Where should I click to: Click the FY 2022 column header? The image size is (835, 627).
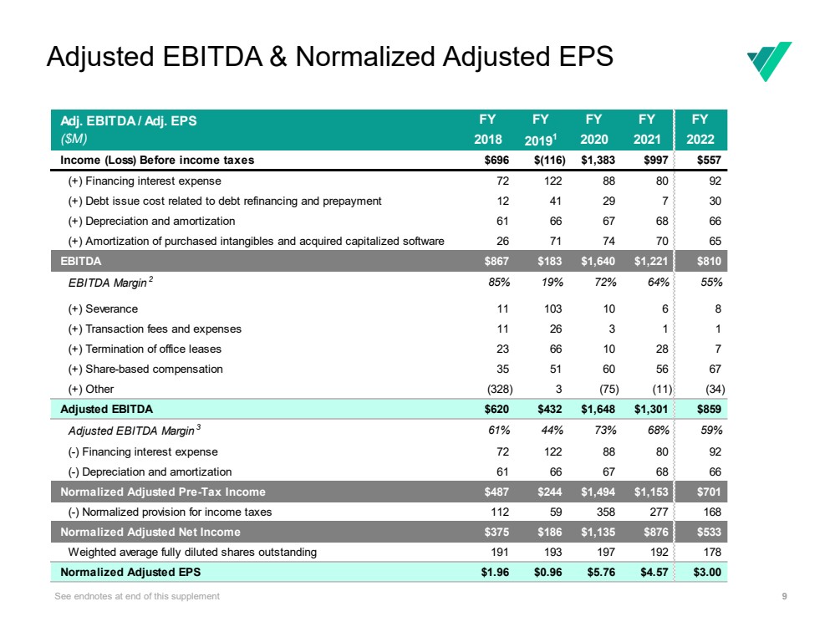pyautogui.click(x=700, y=130)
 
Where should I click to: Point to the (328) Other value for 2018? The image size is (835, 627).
pyautogui.click(x=500, y=389)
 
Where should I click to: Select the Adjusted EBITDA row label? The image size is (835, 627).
pyautogui.click(x=106, y=410)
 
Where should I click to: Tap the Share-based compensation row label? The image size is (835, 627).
pyautogui.click(x=145, y=369)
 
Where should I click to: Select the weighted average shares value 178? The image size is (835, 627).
pyautogui.click(x=713, y=552)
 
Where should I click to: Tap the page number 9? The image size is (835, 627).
pyautogui.click(x=783, y=596)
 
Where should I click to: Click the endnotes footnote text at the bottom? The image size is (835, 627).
pyautogui.click(x=136, y=596)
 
